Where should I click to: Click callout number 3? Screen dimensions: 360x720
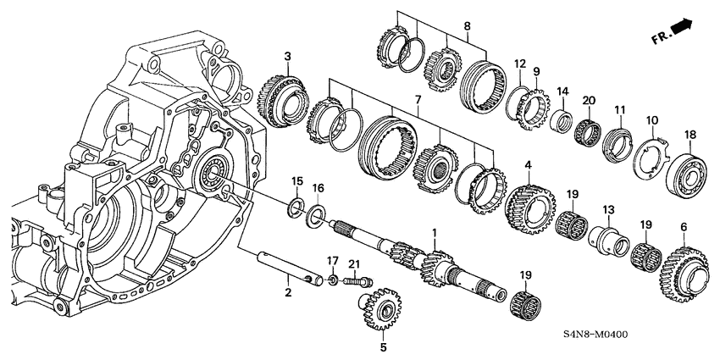pyautogui.click(x=288, y=57)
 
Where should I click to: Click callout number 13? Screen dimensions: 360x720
pyautogui.click(x=607, y=209)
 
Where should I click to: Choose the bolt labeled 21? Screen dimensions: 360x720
pyautogui.click(x=357, y=282)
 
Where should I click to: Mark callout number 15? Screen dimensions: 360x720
pyautogui.click(x=296, y=181)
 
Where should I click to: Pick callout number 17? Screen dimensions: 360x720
pyautogui.click(x=333, y=261)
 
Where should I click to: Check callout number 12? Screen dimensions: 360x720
pyautogui.click(x=520, y=64)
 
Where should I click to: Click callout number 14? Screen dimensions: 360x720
pyautogui.click(x=562, y=91)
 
